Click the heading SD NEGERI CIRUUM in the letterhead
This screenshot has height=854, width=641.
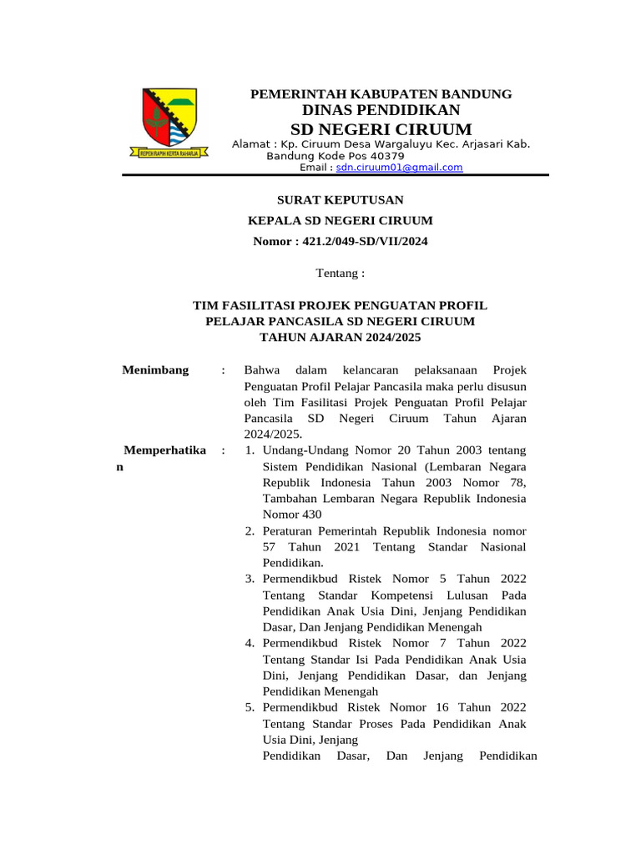click(x=381, y=129)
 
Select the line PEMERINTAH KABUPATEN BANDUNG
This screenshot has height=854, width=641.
click(x=381, y=94)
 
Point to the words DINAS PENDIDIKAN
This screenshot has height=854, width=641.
click(x=381, y=110)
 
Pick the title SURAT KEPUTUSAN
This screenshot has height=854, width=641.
click(x=340, y=200)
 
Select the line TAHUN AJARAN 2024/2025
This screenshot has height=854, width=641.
click(x=341, y=338)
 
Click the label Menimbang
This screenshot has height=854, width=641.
click(x=156, y=370)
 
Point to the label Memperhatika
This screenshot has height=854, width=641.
click(x=164, y=450)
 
